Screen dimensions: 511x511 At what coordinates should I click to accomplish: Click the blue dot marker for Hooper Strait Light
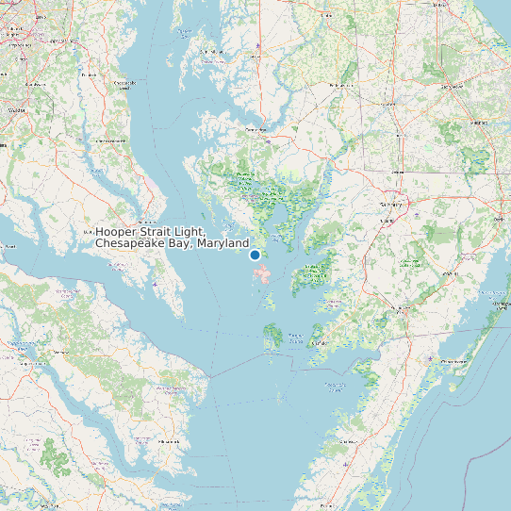tap(255, 255)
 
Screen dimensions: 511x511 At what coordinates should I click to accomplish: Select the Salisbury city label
tap(390, 204)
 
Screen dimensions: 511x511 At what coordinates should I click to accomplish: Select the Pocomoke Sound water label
tap(336, 384)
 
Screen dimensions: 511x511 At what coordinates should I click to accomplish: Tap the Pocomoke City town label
tap(399, 308)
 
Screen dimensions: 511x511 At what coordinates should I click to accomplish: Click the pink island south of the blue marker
tap(265, 275)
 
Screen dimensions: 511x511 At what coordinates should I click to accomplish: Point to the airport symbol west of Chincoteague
tap(430, 359)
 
